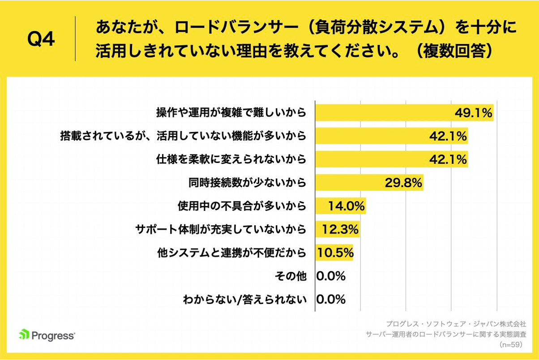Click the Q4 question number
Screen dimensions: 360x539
pos(41,39)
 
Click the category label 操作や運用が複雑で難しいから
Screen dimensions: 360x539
pos(231,112)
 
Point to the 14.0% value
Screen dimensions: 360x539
pos(346,206)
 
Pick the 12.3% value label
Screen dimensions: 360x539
pos(340,230)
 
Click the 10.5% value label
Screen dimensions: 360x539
pos(335,253)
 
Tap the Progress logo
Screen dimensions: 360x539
pos(47,335)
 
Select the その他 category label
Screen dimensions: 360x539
pos(291,276)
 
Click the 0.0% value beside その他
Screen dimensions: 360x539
pos(331,276)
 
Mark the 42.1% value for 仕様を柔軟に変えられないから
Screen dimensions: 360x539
pos(448,159)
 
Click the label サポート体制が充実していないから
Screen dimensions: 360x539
pos(221,230)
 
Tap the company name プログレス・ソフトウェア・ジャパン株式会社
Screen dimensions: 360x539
pos(456,323)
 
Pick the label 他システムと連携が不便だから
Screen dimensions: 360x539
pos(231,253)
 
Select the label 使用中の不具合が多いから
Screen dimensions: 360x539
pos(242,206)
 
